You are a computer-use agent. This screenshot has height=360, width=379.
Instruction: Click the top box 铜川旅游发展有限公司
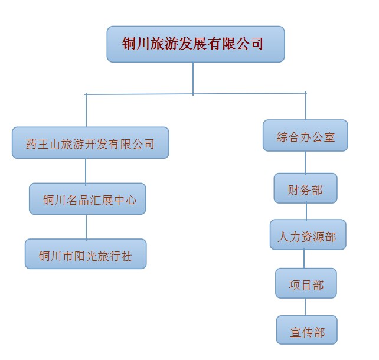coord(196,44)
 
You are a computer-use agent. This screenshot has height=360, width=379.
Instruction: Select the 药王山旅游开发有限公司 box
coord(90,143)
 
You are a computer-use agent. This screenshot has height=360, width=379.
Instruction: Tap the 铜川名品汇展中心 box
coord(87,199)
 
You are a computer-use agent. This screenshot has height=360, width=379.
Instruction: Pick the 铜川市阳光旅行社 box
coord(86,254)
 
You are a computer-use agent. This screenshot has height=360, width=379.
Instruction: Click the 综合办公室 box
coord(305,136)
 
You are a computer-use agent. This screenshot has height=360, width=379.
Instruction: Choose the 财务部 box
coord(306,188)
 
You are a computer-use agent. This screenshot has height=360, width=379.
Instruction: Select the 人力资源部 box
coord(308,235)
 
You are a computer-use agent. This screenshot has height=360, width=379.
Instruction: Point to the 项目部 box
coord(306,283)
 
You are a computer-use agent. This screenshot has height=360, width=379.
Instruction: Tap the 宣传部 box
coord(307,330)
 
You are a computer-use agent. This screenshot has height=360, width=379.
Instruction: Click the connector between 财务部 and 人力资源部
coord(306,211)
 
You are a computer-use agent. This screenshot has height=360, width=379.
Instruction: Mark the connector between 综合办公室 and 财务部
coord(305,162)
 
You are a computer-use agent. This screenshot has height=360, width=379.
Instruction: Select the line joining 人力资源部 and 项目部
coord(304,259)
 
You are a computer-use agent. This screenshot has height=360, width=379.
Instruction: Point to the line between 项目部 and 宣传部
coord(305,307)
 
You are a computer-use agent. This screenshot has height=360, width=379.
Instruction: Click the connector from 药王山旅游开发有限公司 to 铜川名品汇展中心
coord(86,171)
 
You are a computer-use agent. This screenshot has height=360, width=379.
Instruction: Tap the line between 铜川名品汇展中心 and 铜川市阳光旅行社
coord(86,227)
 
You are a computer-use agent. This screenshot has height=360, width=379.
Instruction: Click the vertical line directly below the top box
coord(193,78)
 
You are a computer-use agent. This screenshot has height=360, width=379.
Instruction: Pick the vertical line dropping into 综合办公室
coord(306,106)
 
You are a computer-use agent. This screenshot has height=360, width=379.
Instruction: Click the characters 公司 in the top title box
coord(250,44)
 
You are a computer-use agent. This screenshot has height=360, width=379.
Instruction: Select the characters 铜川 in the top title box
coord(136,44)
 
